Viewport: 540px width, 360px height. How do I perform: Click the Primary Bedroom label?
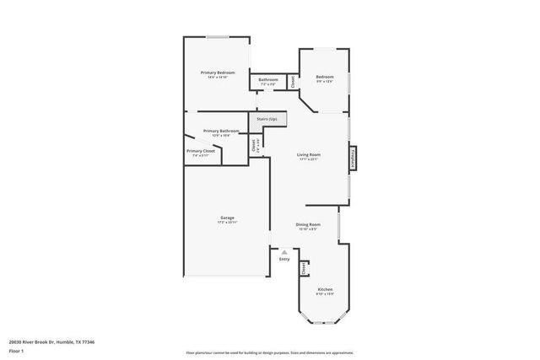tap(217, 73)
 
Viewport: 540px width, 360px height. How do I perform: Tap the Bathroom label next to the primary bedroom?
tap(268, 80)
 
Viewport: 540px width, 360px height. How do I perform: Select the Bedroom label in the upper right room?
tap(325, 77)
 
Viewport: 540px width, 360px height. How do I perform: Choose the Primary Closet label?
tap(200, 151)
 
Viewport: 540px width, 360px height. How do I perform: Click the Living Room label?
tap(308, 154)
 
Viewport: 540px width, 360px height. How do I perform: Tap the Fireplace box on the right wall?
tap(353, 158)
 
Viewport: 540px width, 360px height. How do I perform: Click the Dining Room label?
tap(307, 224)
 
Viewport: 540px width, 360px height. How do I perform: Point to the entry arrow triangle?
tap(284, 251)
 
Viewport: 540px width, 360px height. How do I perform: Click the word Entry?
tap(284, 260)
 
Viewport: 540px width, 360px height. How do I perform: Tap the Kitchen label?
tap(325, 289)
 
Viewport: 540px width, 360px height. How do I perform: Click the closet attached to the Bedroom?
tap(293, 82)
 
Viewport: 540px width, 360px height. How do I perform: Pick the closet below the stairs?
tap(255, 144)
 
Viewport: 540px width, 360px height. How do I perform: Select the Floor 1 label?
tap(16, 352)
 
